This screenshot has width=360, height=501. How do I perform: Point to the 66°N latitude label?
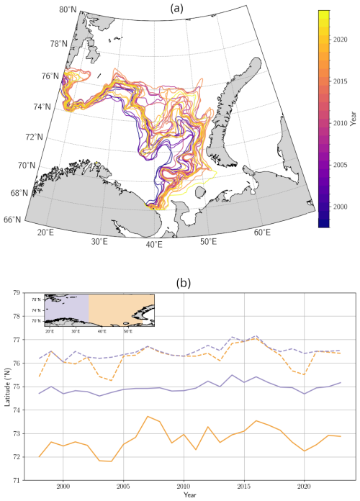point(12,219)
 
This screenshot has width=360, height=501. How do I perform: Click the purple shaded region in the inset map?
point(67,308)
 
